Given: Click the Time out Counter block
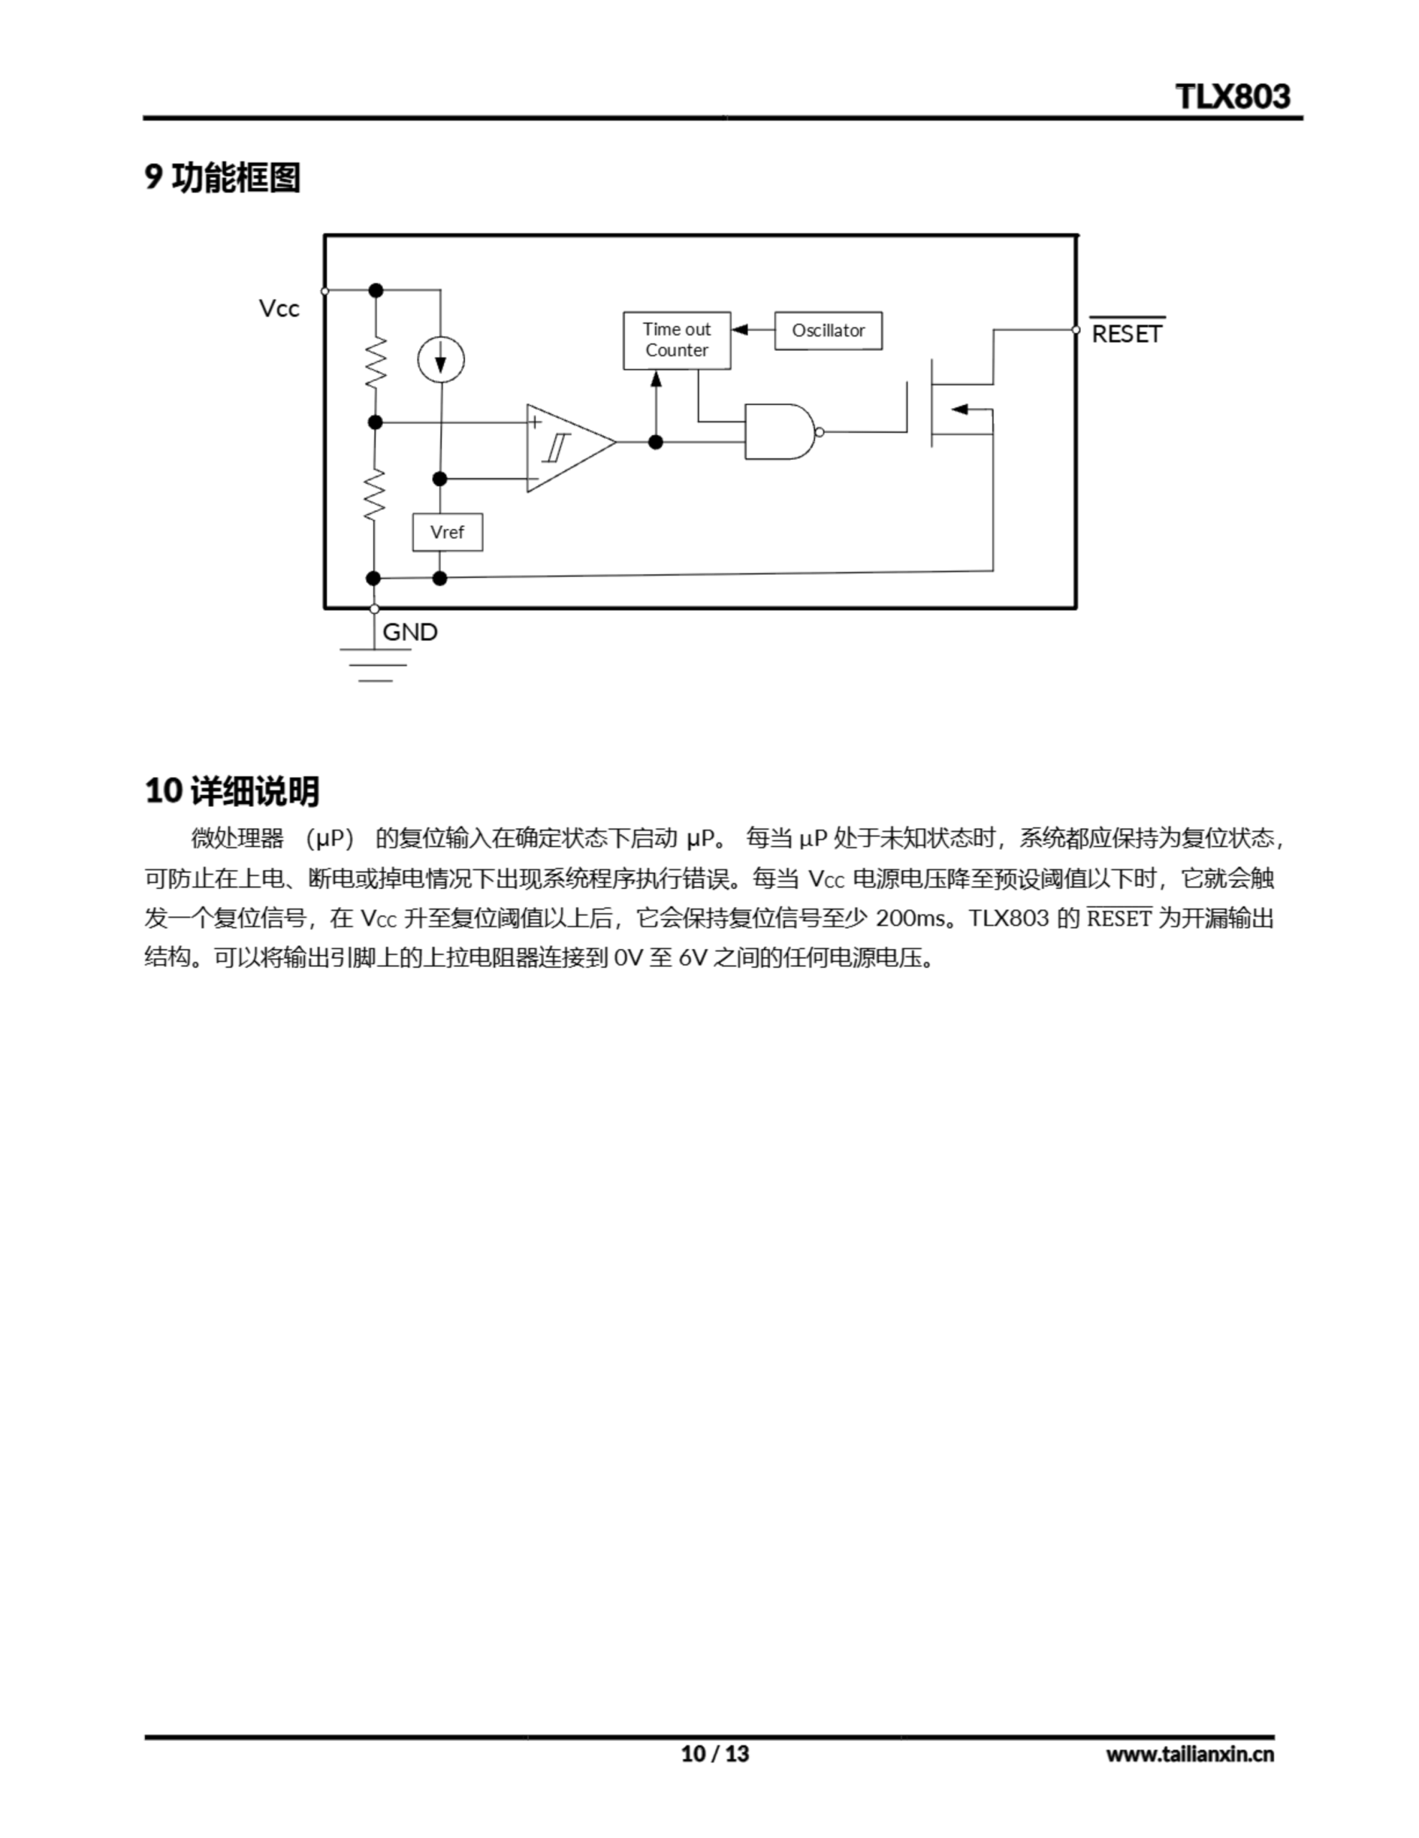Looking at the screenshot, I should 676,340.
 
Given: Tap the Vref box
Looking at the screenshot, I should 447,532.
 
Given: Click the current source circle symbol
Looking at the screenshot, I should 440,360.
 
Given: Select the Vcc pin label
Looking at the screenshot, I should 278,309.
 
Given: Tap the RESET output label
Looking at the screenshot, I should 1126,333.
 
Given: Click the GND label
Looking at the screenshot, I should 410,632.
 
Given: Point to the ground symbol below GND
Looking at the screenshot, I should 375,665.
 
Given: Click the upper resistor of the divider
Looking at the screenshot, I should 375,362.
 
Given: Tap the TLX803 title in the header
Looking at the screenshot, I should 1232,97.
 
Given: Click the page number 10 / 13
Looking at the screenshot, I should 715,1754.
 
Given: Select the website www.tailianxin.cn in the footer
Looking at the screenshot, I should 1189,1754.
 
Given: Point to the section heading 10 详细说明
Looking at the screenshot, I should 232,791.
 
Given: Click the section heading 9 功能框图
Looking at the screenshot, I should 223,177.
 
